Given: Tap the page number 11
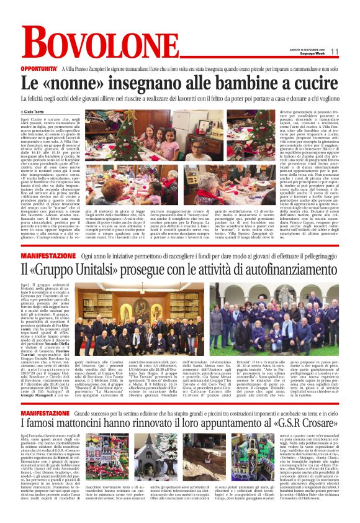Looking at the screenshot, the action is click(x=333, y=52).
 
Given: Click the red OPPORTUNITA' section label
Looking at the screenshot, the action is click(x=41, y=68).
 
